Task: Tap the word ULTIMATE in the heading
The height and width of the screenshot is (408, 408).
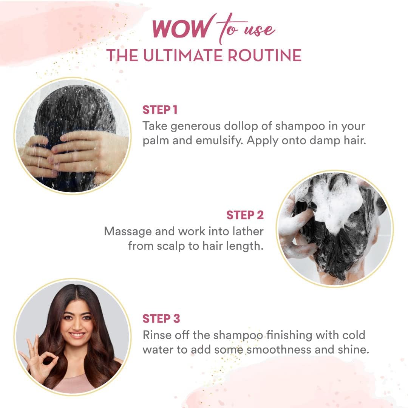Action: click(184, 55)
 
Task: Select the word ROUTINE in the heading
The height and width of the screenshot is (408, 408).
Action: click(264, 55)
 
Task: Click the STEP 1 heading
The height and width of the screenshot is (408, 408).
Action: click(160, 110)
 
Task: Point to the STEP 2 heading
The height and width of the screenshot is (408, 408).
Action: click(245, 215)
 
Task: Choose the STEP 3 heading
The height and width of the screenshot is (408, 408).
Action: click(161, 319)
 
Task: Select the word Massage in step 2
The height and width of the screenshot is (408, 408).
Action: click(128, 231)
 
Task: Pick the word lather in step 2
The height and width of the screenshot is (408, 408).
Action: click(248, 231)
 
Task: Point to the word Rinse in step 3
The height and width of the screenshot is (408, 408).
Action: click(157, 335)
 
